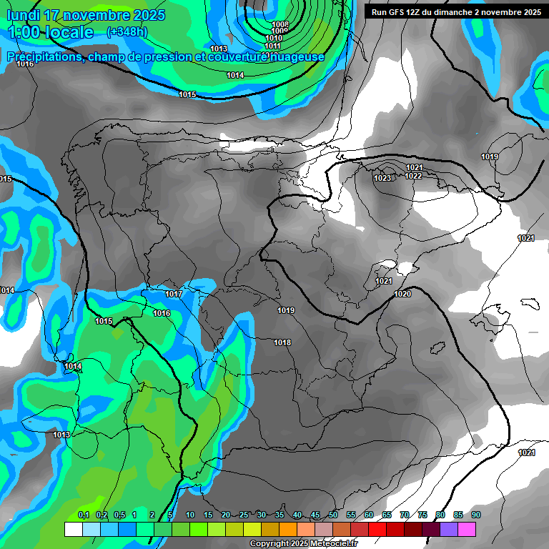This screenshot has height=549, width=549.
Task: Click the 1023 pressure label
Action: point(382,178)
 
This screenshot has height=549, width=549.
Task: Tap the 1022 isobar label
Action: point(413,176)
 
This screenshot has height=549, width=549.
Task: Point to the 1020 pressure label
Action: point(402,294)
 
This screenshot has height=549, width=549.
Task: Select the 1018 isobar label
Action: point(282,342)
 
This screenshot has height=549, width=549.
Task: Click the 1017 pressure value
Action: point(174,294)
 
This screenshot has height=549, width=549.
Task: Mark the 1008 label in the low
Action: point(280,24)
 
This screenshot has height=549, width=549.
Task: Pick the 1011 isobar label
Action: point(272,46)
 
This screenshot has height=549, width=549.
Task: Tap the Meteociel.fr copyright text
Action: point(330,544)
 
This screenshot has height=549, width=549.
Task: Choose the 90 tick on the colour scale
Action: point(475,515)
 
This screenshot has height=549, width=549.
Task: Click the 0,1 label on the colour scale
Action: point(84,515)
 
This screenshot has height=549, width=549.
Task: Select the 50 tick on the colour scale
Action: point(333,515)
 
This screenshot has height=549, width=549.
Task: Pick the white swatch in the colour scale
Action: point(73,529)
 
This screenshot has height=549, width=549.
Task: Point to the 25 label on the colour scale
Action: point(244,515)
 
